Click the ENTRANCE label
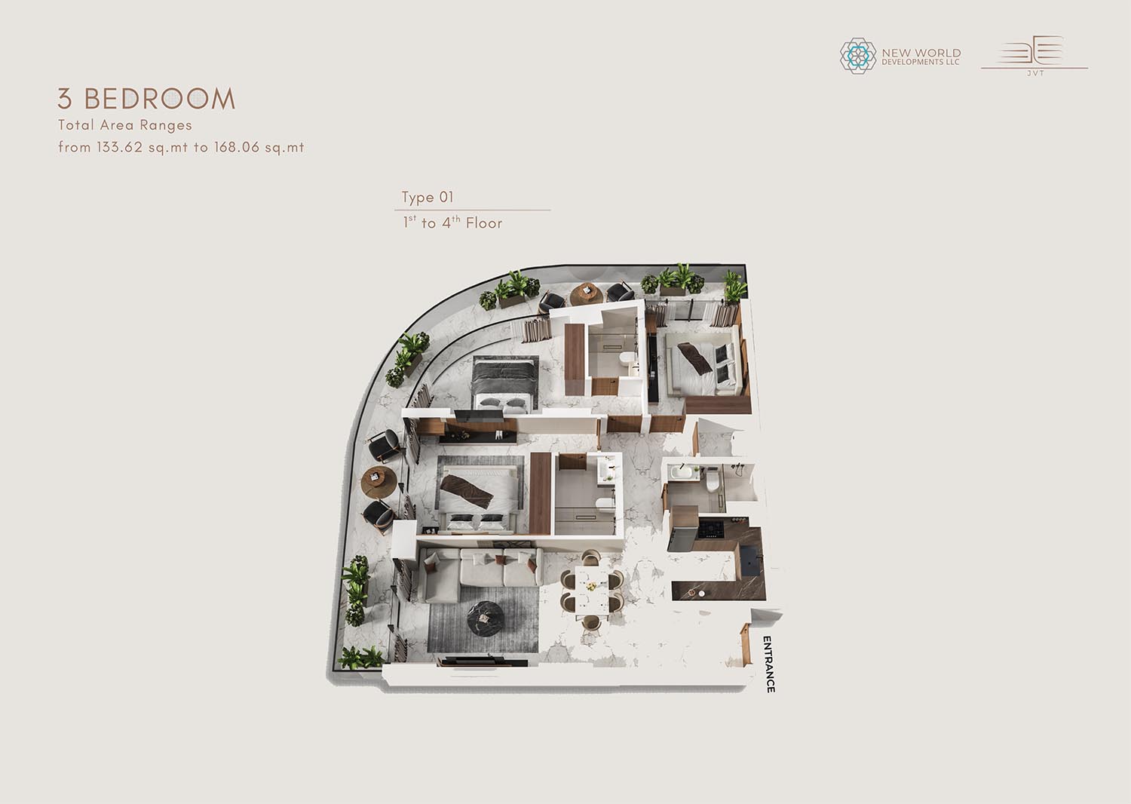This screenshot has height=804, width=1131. (768, 664)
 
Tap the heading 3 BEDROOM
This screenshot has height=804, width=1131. (146, 99)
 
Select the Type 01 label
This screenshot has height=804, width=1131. (428, 197)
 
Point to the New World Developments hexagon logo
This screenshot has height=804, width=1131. (858, 56)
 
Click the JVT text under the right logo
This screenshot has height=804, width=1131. (1035, 73)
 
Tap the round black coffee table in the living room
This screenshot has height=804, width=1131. (486, 618)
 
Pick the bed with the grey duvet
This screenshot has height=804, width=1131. (505, 382)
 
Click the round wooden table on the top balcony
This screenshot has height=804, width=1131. (586, 293)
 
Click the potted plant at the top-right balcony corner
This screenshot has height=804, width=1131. (734, 287)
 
